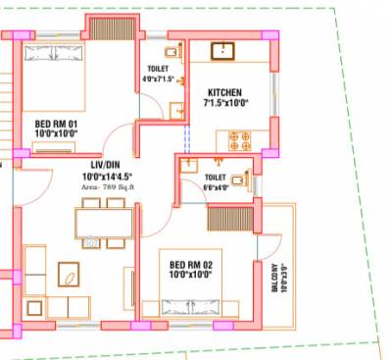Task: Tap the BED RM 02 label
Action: [190, 265]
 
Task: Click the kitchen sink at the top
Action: [224, 50]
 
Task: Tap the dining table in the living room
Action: [104, 224]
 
